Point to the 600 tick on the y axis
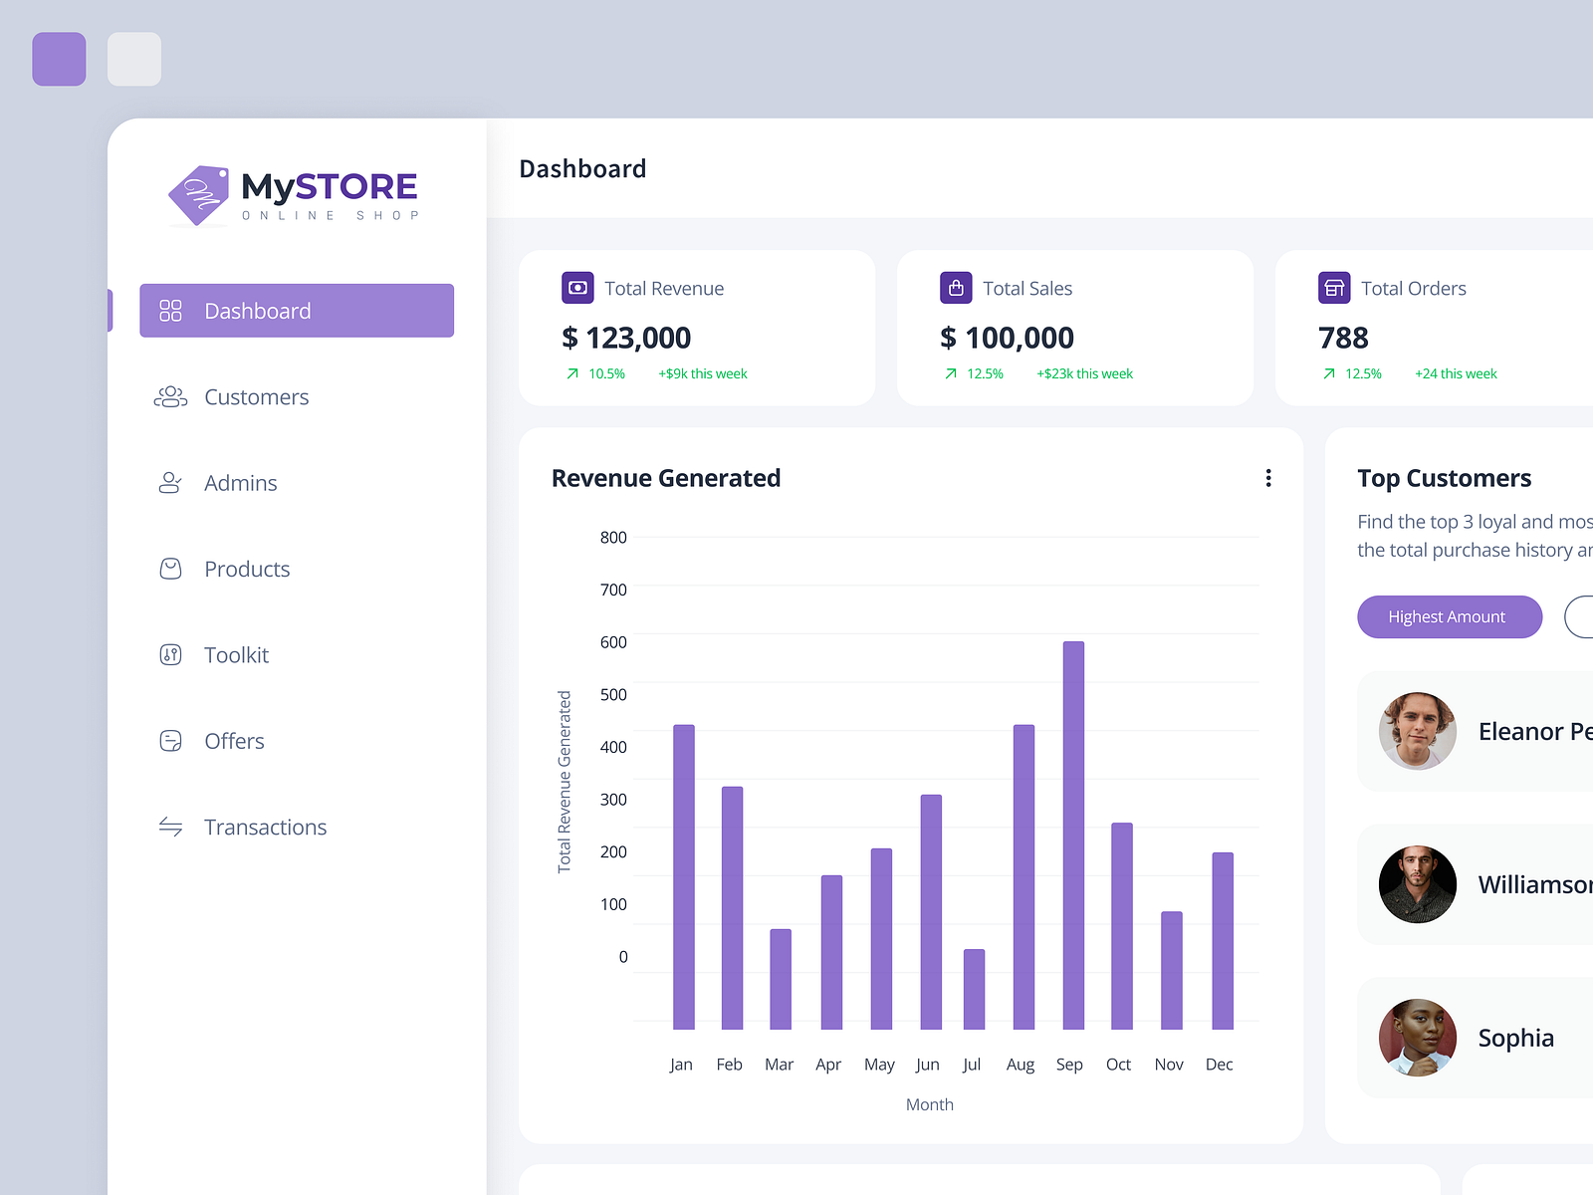[x=613, y=642]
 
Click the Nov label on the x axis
[x=1169, y=1065]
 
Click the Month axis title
[x=930, y=1104]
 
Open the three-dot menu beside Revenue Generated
[x=1268, y=478]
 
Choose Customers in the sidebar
[x=256, y=397]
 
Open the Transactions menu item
[x=265, y=828]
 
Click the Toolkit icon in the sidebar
[x=170, y=655]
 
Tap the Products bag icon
[x=170, y=569]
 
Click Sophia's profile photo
[x=1417, y=1038]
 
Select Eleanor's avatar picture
[x=1417, y=731]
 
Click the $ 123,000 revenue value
[x=626, y=339]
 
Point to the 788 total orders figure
[x=1343, y=339]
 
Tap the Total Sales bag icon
[x=956, y=288]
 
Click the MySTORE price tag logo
[x=199, y=195]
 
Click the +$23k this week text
[x=1084, y=374]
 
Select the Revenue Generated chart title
[x=666, y=479]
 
